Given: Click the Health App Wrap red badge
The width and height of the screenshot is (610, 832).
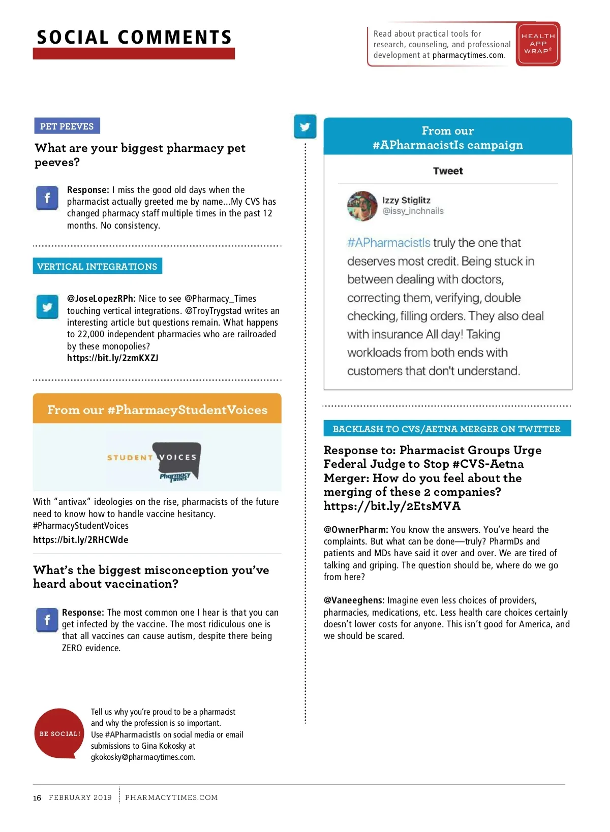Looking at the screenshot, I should (538, 44).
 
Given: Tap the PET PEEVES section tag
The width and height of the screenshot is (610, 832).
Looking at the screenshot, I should (67, 126).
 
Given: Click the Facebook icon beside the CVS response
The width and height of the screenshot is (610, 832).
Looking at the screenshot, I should (47, 198).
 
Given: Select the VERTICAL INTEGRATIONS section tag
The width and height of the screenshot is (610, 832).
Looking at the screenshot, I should (97, 266).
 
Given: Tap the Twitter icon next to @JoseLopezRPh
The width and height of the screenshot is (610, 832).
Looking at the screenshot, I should (47, 307).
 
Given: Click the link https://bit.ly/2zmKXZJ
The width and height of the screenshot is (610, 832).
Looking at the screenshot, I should (112, 358).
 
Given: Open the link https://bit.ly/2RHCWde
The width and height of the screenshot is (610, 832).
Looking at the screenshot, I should (80, 539).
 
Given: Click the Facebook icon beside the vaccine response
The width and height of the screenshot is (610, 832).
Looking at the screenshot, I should (47, 620).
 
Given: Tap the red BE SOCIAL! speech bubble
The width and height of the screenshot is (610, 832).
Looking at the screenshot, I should (59, 733).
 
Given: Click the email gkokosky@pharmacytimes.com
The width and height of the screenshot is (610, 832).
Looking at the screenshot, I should (143, 757).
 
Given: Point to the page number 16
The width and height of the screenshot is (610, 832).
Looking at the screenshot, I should (37, 798).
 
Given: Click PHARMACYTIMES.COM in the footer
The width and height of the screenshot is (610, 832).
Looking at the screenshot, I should (171, 797).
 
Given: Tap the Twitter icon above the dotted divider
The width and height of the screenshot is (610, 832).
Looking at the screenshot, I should (305, 126).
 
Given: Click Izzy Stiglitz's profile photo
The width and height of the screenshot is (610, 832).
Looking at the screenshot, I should (362, 206).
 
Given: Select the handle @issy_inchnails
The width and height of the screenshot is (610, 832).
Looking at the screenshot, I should (413, 211).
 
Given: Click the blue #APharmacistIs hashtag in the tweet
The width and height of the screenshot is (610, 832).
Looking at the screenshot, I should (389, 243).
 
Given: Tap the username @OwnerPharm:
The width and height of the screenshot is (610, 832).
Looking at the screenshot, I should (356, 530).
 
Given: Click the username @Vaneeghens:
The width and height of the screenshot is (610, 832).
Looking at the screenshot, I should (354, 600).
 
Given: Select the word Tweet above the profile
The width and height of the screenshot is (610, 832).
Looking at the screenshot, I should (448, 171).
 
